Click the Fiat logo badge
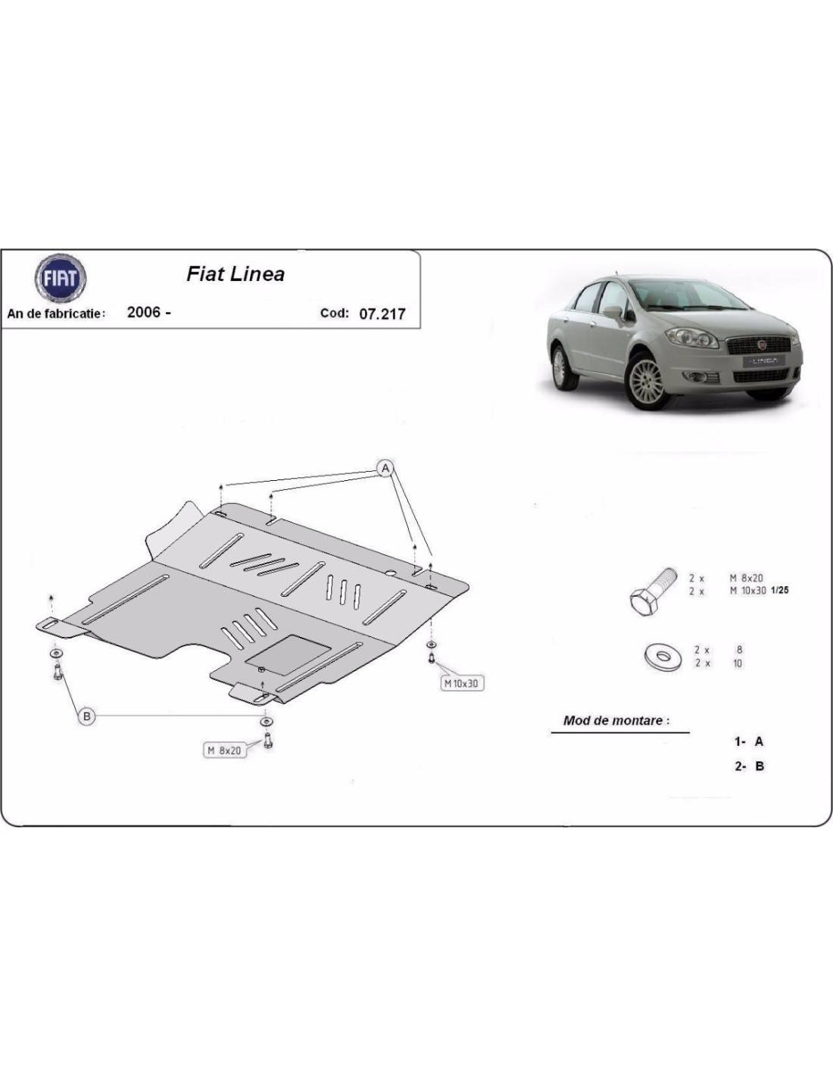[x=61, y=278]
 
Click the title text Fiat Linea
[x=236, y=274]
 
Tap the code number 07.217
[x=382, y=314]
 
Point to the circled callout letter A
[x=385, y=467]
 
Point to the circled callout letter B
[x=87, y=716]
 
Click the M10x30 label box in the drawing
[x=461, y=683]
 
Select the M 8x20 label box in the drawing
[x=224, y=751]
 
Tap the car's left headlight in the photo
[x=692, y=338]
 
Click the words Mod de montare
[x=616, y=720]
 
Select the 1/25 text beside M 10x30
[x=779, y=590]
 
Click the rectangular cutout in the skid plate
[x=289, y=654]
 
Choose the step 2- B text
[x=749, y=766]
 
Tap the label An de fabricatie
[x=56, y=314]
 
